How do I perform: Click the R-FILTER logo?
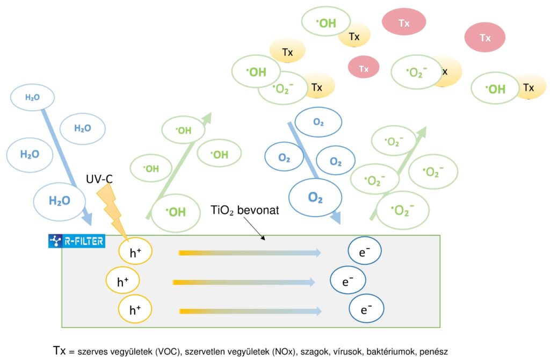pyautogui.click(x=76, y=241)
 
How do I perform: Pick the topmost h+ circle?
pyautogui.click(x=135, y=252)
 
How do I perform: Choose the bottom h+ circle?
pyautogui.click(x=135, y=310)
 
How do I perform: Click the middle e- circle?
pyautogui.click(x=348, y=280)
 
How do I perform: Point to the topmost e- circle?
pyautogui.click(x=365, y=251)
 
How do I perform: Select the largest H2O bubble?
pyautogui.click(x=60, y=201)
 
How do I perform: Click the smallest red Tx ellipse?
pyautogui.click(x=364, y=68)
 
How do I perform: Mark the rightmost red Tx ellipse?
pyautogui.click(x=484, y=38)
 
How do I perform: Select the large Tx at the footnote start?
pyautogui.click(x=60, y=349)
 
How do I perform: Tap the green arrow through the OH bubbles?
pyautogui.click(x=178, y=167)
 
